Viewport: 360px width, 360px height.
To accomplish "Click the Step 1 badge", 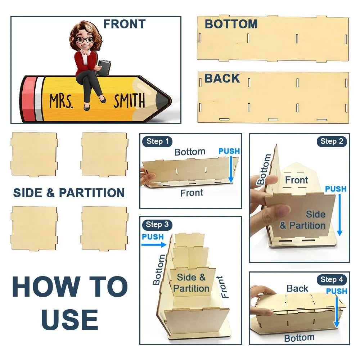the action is (157, 141).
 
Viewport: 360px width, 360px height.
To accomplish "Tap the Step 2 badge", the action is (332, 141).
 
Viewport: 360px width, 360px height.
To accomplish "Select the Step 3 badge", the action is (157, 224).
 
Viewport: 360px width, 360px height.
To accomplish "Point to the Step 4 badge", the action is (332, 280).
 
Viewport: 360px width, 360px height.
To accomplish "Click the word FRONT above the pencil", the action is (125, 24).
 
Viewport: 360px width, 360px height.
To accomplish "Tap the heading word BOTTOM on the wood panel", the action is (231, 24).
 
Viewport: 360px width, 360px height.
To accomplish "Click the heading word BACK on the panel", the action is (222, 78).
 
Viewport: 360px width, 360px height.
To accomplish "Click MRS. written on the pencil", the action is (62, 101).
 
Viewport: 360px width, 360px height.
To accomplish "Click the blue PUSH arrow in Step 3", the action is (154, 245).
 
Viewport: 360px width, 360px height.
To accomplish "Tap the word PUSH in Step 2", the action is (336, 189).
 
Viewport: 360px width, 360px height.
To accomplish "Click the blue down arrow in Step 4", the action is (337, 312).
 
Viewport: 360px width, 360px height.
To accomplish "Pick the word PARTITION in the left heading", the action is (92, 193).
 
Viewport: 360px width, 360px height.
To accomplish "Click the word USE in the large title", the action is (69, 320).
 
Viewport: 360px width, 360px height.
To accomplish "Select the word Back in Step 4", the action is (297, 289).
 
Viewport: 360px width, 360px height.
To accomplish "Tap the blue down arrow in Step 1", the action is (231, 170).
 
